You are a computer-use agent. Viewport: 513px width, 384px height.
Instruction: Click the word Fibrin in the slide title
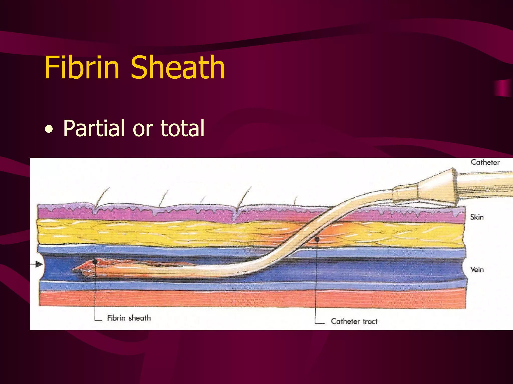82,68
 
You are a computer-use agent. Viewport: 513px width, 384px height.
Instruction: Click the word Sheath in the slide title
178,68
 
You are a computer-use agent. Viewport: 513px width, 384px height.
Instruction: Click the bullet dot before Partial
49,130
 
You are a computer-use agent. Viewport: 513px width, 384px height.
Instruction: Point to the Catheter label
485,162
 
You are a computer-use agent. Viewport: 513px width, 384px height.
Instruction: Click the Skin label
477,217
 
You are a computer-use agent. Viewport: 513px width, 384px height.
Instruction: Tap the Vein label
477,270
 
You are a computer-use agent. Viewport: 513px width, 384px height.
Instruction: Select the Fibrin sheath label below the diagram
129,318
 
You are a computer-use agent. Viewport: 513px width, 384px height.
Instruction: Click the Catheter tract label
354,321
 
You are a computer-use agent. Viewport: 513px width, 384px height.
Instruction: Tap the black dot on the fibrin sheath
95,262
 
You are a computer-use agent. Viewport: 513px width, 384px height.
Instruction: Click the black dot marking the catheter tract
317,239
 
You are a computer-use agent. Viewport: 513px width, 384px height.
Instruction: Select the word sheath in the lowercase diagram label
140,318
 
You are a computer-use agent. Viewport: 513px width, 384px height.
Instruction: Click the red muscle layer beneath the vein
250,299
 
